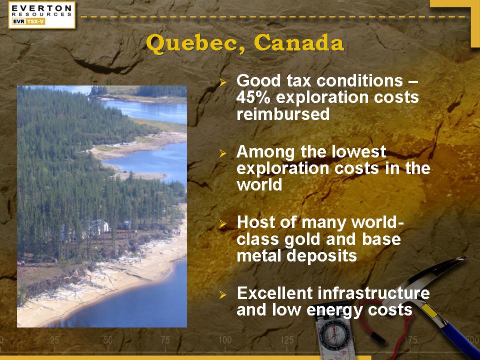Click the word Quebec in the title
pos(191,44)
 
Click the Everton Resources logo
pos(41,14)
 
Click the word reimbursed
pos(283,114)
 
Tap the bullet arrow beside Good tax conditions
pos(223,82)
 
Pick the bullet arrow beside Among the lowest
pos(223,153)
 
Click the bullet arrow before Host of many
pos(223,224)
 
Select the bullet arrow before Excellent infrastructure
pos(223,295)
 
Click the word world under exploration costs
pos(259,184)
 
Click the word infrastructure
pos(373,293)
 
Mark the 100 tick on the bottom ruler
pos(224,340)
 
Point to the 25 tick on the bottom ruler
pos(54,340)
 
